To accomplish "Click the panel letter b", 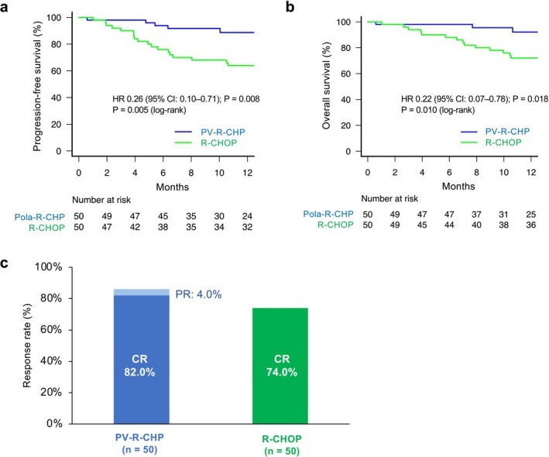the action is point(290,7).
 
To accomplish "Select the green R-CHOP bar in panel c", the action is point(280,366).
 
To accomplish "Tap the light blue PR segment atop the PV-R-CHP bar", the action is point(142,293).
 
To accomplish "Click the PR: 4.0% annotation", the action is point(198,294).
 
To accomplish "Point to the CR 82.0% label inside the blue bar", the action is point(139,366).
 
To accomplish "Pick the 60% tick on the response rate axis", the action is point(51,329).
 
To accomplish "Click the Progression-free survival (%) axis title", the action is point(37,86).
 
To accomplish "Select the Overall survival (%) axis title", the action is point(326,86).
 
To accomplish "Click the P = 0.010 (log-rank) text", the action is point(438,110).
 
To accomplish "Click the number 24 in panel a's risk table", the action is point(247,216).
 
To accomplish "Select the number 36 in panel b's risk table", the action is point(530,225).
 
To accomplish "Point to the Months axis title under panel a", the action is point(172,187).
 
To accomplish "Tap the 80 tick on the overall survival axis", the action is point(345,48).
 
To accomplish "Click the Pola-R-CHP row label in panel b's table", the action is point(328,214).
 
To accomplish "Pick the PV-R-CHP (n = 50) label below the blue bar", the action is point(139,443).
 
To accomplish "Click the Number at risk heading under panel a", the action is point(101,200).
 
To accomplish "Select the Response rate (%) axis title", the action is point(27,345).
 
